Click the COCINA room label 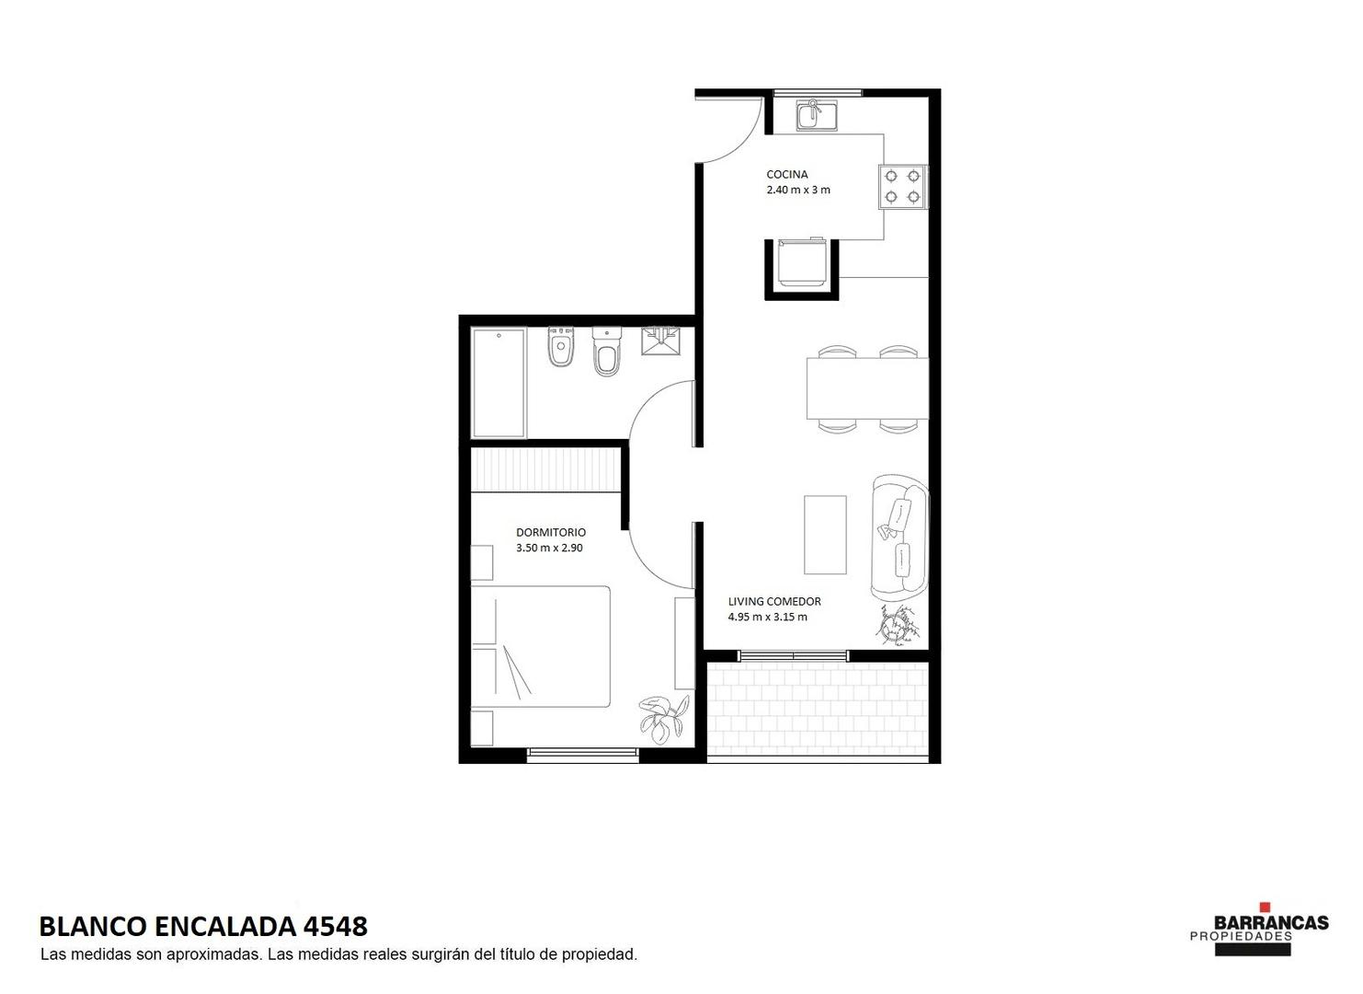tap(786, 174)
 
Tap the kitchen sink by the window tap(816, 115)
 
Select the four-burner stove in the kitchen tap(903, 186)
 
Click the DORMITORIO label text tap(551, 532)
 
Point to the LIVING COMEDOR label tap(774, 601)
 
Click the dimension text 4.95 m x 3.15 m tap(767, 617)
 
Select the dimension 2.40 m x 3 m tap(797, 190)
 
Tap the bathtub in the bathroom tap(498, 383)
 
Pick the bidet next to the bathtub tap(560, 347)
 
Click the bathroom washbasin tap(660, 341)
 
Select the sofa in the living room tap(900, 536)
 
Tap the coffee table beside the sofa tap(825, 535)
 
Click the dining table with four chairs tap(867, 388)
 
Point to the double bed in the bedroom tap(541, 646)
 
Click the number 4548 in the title tap(336, 927)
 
